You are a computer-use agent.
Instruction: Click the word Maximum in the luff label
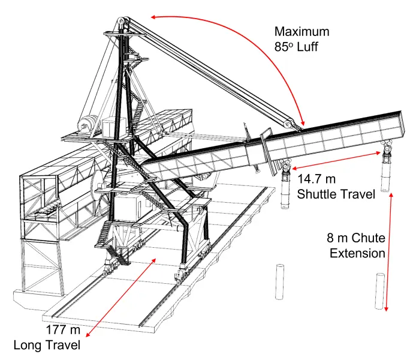(x=302, y=32)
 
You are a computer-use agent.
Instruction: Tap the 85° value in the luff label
(x=282, y=47)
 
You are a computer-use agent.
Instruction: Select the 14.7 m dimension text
(x=316, y=179)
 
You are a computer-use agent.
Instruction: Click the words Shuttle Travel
(x=336, y=194)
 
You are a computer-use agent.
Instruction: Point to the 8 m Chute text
(x=356, y=238)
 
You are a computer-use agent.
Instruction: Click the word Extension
(x=357, y=253)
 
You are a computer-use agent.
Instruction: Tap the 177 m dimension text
(x=63, y=329)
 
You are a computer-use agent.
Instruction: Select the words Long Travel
(x=47, y=345)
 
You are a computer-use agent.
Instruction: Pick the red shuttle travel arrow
(x=336, y=160)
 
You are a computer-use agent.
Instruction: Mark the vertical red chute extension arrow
(x=388, y=252)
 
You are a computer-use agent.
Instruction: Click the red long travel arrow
(x=121, y=298)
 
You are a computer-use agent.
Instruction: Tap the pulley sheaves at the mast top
(x=123, y=22)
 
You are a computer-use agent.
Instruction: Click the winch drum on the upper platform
(x=88, y=126)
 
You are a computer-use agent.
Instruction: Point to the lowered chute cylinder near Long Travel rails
(x=279, y=282)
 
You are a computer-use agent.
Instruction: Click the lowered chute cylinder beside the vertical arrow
(x=379, y=291)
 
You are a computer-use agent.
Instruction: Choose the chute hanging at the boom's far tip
(x=385, y=166)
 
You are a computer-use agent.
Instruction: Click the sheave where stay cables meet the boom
(x=290, y=124)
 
